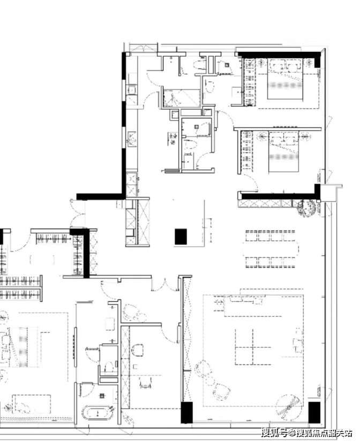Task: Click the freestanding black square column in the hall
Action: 181,237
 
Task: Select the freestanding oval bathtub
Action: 98,413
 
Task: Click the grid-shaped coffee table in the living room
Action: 253,347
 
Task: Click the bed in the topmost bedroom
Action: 285,79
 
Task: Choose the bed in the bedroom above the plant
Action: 283,151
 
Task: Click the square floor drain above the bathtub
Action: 102,396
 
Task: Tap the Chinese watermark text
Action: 307,432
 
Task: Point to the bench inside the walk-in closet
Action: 42,260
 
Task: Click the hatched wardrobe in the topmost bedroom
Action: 250,82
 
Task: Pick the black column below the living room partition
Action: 186,413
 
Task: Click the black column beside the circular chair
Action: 314,412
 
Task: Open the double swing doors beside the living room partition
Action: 165,285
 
